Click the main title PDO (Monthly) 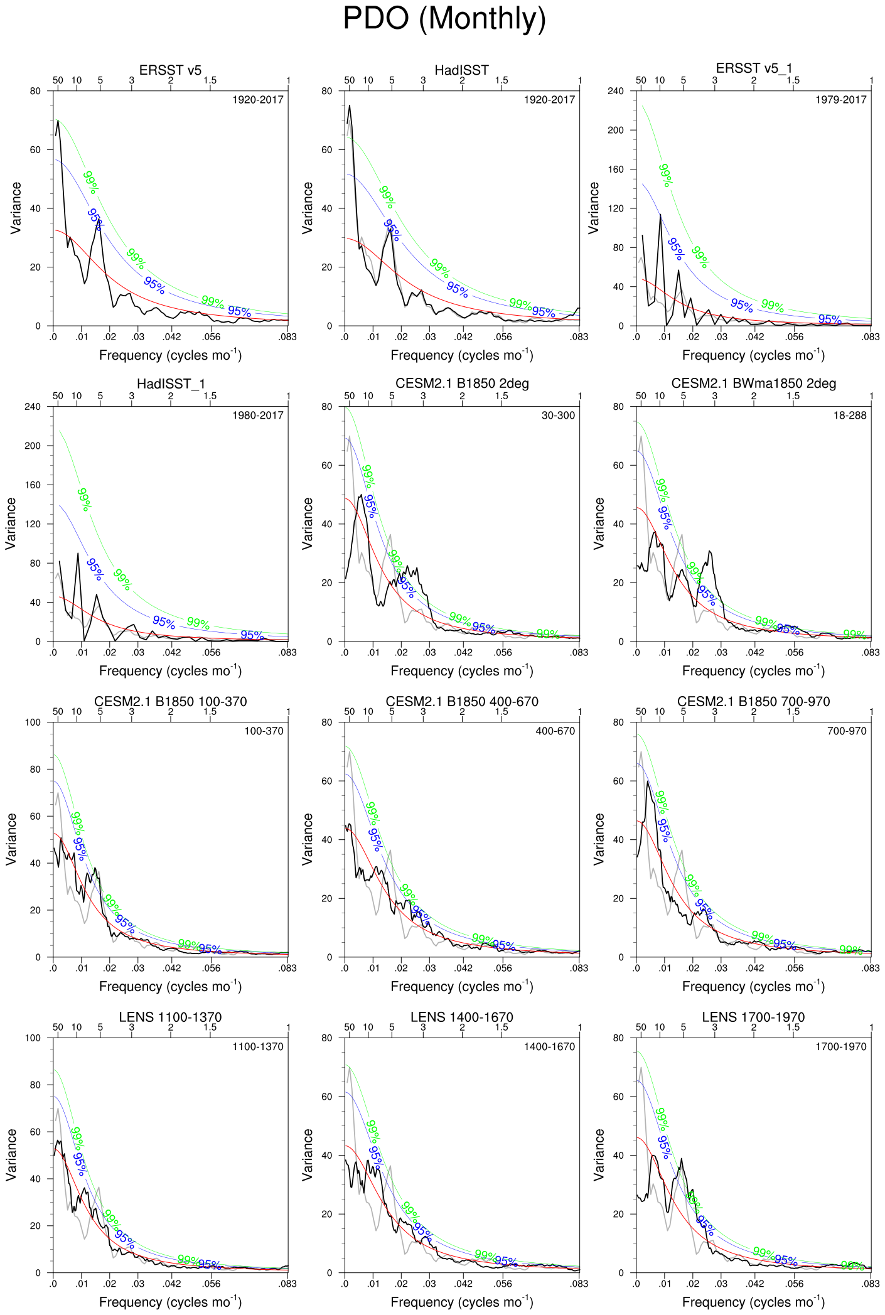[x=444, y=19]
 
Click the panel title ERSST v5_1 [x=754, y=68]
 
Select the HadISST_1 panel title [x=171, y=384]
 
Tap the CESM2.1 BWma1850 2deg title [x=753, y=384]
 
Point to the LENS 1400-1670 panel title [x=461, y=1017]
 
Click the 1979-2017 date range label [x=840, y=100]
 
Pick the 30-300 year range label [x=557, y=416]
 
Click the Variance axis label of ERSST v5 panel [x=16, y=208]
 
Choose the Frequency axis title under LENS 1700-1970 [x=753, y=1301]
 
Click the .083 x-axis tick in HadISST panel [x=579, y=337]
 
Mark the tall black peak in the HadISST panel [x=349, y=107]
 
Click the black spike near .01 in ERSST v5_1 [x=660, y=215]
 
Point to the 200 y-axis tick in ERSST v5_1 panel [x=616, y=131]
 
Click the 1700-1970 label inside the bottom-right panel [x=840, y=1046]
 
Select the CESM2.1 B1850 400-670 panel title [x=461, y=702]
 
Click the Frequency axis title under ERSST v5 [x=170, y=355]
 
